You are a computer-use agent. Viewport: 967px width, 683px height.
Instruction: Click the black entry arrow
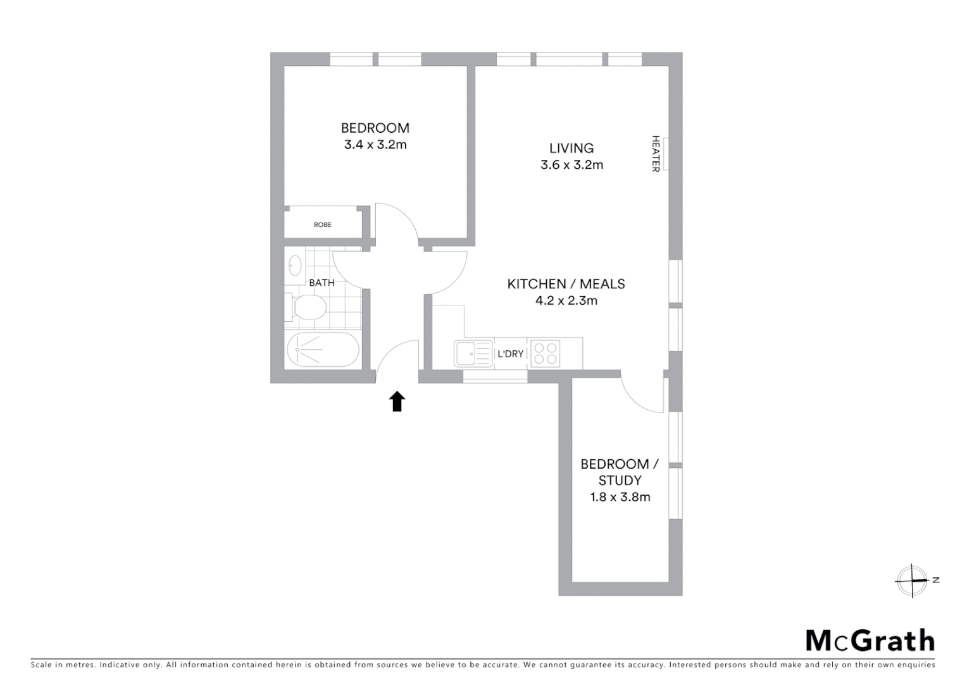coord(397,402)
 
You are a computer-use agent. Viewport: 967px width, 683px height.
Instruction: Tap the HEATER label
coord(656,154)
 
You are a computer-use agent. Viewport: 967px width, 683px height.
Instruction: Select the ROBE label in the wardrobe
coord(322,225)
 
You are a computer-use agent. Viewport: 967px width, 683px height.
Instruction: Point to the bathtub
coord(323,350)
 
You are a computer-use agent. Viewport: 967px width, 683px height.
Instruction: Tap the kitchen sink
coord(473,354)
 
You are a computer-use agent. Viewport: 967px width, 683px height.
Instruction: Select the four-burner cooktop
coord(545,354)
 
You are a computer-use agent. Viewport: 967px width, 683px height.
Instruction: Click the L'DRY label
coord(510,354)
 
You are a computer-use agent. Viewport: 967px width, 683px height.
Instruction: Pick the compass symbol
coord(912,581)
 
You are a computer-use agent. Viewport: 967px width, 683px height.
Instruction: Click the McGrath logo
coord(870,641)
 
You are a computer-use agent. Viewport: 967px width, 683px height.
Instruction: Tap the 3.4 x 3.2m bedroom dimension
coord(375,144)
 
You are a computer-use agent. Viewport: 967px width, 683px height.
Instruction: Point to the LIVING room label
coord(571,148)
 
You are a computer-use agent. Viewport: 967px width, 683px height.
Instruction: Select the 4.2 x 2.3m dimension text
coord(566,300)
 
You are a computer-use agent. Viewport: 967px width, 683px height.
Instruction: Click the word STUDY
coord(620,481)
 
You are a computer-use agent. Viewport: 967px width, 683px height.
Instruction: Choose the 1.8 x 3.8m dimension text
coord(620,497)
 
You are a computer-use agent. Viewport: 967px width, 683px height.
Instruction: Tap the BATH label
coord(321,283)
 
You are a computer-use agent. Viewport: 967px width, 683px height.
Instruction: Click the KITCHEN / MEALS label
coord(566,284)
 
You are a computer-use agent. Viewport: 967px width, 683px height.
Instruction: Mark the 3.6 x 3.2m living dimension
coord(571,165)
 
